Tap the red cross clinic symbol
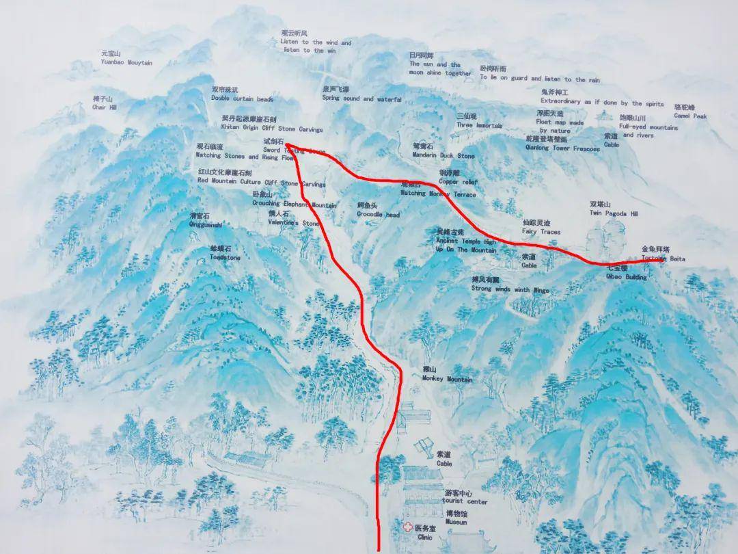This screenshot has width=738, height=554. [x=408, y=528]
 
